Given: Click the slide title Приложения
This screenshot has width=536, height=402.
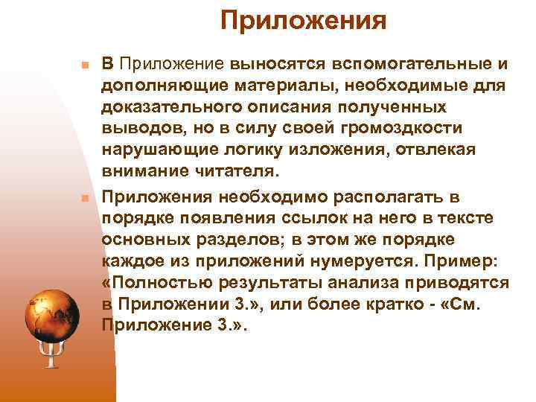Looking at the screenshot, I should coord(303,21).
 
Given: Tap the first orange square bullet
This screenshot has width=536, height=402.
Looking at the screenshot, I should coord(85,66).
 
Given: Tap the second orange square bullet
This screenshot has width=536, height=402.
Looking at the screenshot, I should coord(85,199).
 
